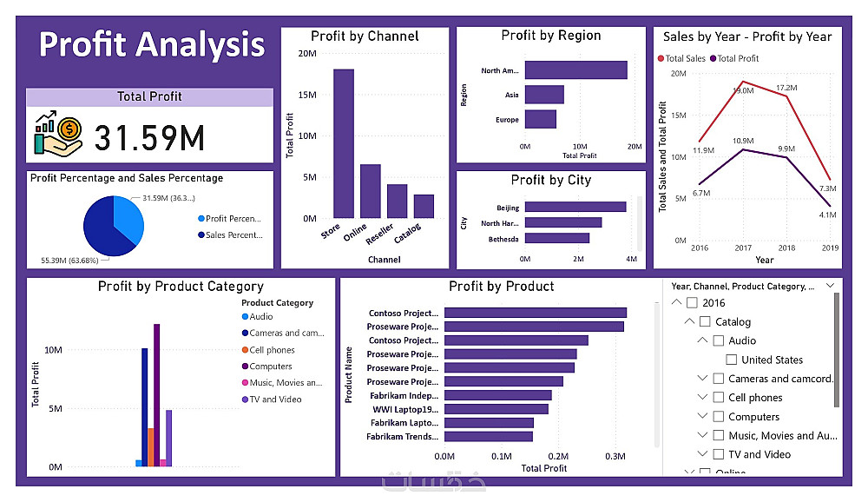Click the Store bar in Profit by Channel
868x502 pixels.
click(344, 143)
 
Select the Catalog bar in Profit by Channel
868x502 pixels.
click(424, 206)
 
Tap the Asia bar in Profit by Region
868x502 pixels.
click(544, 95)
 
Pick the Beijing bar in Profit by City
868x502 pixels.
click(575, 208)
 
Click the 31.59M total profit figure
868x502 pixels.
click(149, 138)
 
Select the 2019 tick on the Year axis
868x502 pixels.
click(831, 248)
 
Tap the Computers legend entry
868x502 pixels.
click(270, 367)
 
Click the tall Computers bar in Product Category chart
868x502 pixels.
click(157, 395)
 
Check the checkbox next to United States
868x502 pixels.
click(732, 360)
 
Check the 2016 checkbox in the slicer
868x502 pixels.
click(692, 303)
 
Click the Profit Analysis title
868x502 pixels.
click(152, 44)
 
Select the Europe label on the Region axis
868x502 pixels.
click(508, 120)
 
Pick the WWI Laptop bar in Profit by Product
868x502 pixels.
click(496, 409)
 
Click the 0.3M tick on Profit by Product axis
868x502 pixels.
click(615, 456)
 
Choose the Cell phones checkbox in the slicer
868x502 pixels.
click(719, 398)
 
